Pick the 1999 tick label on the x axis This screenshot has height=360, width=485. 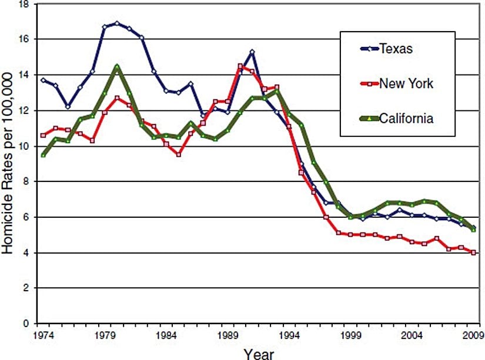click(350, 335)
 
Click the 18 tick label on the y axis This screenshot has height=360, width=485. click(24, 4)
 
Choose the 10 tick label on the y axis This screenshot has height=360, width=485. click(24, 146)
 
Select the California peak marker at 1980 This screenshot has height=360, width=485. click(116, 66)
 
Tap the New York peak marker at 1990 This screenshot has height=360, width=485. click(240, 66)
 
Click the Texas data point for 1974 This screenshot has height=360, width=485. click(43, 80)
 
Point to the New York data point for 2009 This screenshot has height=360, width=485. click(473, 253)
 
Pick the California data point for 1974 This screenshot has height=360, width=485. click(43, 155)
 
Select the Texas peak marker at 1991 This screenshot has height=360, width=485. click(252, 52)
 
